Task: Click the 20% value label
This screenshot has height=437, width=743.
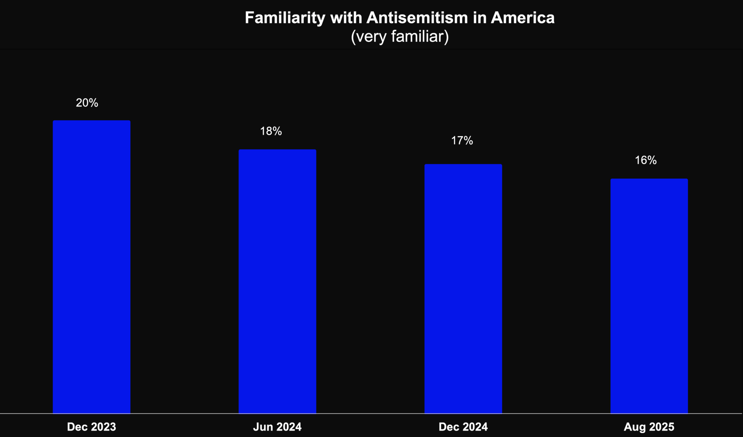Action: [87, 103]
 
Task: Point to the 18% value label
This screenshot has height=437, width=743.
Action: [271, 131]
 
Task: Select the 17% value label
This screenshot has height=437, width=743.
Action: [462, 140]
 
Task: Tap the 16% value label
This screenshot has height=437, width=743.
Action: [646, 160]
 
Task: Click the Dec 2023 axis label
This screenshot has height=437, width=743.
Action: [91, 427]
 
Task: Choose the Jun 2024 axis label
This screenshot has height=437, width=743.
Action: [277, 427]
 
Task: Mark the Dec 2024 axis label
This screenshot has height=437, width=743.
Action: [463, 427]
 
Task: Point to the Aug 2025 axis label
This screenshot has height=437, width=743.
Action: [649, 427]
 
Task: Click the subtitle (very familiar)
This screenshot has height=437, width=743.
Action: [400, 37]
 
